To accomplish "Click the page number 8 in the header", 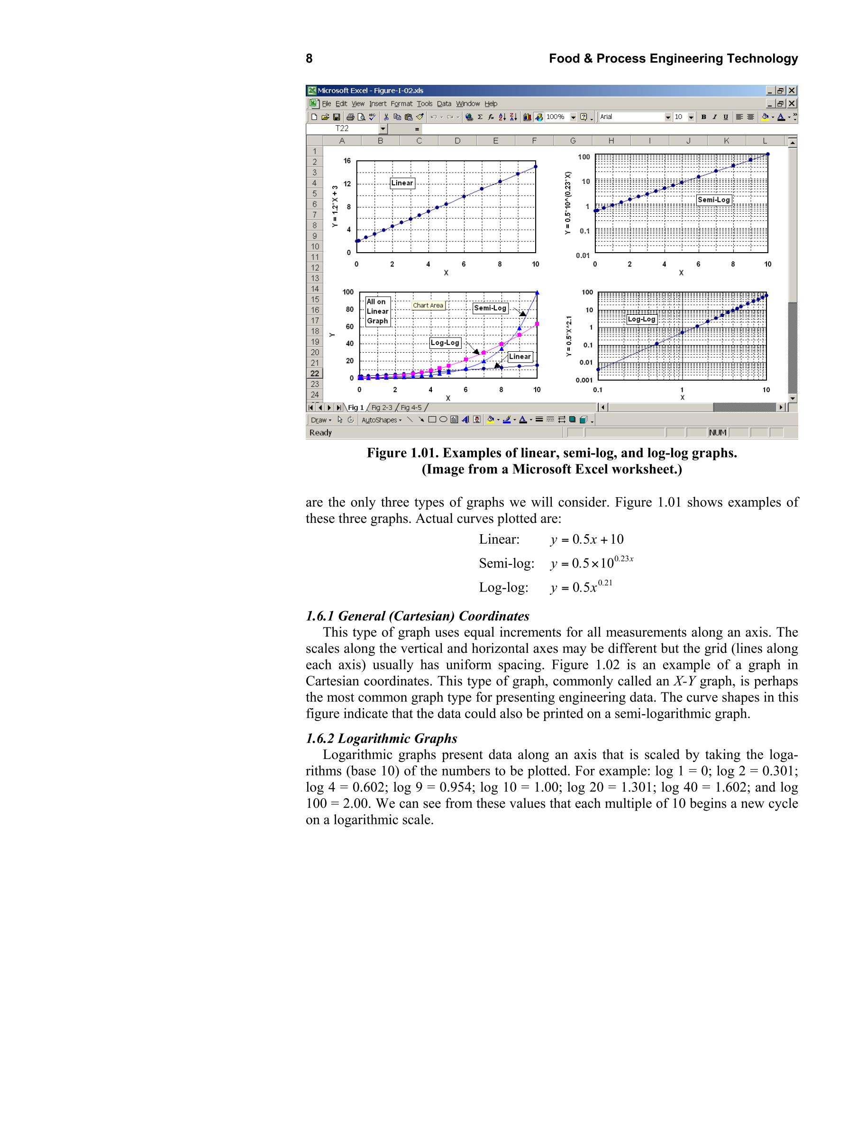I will pyautogui.click(x=309, y=58).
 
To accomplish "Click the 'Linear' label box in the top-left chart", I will pyautogui.click(x=402, y=183).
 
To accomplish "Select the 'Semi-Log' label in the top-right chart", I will pyautogui.click(x=713, y=200).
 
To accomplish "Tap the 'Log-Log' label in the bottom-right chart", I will pyautogui.click(x=642, y=319).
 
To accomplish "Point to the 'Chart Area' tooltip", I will pyautogui.click(x=428, y=305).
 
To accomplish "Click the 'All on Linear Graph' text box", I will pyautogui.click(x=377, y=311).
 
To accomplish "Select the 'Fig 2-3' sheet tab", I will pyautogui.click(x=382, y=408).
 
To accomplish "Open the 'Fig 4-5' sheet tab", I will pyautogui.click(x=411, y=408).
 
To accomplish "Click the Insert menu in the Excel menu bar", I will pyautogui.click(x=377, y=104).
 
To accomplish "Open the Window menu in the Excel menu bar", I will pyautogui.click(x=468, y=104).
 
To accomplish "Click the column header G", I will pyautogui.click(x=573, y=141).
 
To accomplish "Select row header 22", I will pyautogui.click(x=315, y=374).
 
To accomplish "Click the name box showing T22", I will pyautogui.click(x=342, y=129).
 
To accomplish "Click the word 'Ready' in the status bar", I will pyautogui.click(x=321, y=433).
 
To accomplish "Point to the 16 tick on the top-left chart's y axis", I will pyautogui.click(x=347, y=161).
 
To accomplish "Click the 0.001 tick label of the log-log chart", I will pyautogui.click(x=583, y=380).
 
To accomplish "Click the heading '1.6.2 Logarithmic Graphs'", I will pyautogui.click(x=382, y=738).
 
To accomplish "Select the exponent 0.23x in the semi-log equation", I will pyautogui.click(x=624, y=558).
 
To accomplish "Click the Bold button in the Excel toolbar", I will pyautogui.click(x=703, y=117).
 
